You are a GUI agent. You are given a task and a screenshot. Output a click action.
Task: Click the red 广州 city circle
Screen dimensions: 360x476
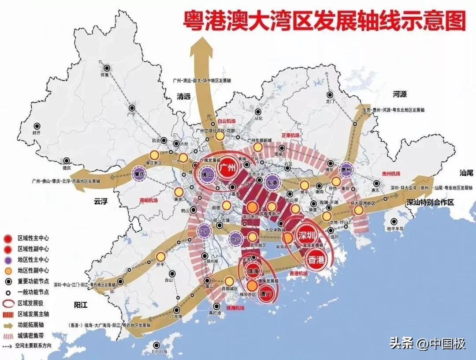pos(230,168)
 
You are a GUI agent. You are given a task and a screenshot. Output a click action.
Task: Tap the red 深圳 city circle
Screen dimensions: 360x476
pos(307,234)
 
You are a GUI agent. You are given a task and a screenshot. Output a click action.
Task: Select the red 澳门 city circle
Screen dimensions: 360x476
pos(265,293)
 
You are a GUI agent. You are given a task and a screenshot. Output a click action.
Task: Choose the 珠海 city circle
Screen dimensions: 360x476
pos(253,271)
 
